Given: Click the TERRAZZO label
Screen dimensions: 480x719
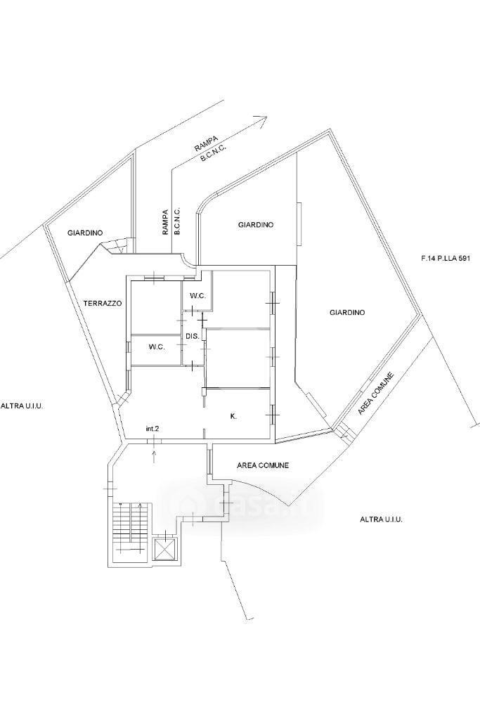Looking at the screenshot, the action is click(103, 303).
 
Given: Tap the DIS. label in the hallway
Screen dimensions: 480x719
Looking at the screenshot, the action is click(193, 336).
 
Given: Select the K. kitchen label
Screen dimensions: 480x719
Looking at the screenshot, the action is click(233, 416).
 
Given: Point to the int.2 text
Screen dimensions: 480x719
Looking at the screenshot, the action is click(153, 429).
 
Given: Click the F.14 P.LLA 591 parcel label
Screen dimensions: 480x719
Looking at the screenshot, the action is click(446, 258).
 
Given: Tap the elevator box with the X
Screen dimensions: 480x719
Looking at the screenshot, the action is click(164, 548).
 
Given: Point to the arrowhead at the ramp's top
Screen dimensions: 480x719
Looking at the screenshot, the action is click(263, 119).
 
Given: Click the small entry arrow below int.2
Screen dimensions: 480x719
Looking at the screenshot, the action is click(154, 456).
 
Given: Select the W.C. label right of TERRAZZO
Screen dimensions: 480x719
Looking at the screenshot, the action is click(157, 347).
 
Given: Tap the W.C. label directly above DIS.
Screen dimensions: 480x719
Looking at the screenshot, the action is click(197, 296).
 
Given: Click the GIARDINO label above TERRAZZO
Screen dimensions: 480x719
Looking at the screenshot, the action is click(85, 233).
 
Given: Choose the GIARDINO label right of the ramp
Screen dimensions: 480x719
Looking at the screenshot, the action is click(256, 225).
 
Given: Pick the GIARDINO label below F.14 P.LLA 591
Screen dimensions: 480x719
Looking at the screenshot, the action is click(347, 313).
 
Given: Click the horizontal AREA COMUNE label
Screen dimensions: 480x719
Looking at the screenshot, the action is click(263, 465).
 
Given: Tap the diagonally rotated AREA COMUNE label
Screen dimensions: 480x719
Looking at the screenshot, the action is click(377, 394).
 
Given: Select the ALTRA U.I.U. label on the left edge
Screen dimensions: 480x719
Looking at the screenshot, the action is click(22, 406).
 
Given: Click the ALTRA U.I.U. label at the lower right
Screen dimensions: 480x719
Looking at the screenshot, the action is click(381, 519).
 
